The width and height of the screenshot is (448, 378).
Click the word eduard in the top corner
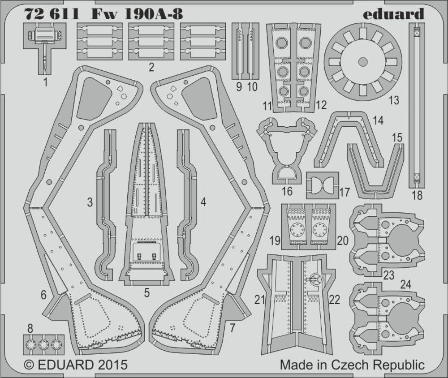click(393, 14)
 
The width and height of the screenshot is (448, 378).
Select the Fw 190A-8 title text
click(137, 14)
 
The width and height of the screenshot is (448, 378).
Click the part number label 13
click(393, 100)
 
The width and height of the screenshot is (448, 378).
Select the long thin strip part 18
click(416, 105)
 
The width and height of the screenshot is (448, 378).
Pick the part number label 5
click(146, 294)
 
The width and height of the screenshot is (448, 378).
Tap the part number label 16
click(287, 192)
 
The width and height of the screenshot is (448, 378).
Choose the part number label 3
click(90, 202)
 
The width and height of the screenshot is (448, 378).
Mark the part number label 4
click(203, 202)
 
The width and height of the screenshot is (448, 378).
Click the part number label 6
click(43, 295)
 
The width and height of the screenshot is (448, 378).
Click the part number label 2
click(151, 68)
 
